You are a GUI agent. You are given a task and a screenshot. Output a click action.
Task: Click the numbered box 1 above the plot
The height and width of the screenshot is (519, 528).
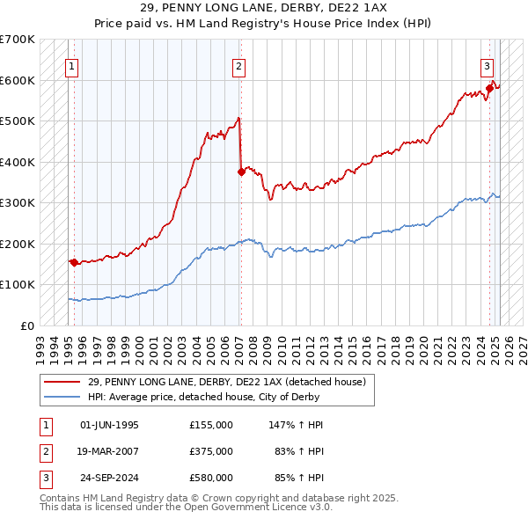[x=70, y=64]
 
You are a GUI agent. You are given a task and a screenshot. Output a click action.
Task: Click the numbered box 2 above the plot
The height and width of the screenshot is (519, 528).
[x=239, y=64]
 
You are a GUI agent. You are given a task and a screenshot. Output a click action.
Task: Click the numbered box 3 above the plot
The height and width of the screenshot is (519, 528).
[x=487, y=64]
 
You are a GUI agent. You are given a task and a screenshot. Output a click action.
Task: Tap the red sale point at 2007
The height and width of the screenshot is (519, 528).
[x=240, y=172]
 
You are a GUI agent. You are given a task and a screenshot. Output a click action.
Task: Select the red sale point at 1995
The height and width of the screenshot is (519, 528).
[x=73, y=262]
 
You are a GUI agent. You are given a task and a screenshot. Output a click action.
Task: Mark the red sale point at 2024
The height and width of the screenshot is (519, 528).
[x=490, y=88]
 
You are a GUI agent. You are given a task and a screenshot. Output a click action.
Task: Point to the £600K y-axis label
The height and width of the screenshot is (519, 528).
[x=18, y=80]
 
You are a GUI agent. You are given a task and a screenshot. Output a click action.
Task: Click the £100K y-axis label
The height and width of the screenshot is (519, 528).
[x=18, y=285]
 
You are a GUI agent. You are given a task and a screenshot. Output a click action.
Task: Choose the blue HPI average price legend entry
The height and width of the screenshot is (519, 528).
[x=220, y=397]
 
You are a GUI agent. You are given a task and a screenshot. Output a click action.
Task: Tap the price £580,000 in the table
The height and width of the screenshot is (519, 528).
[x=210, y=478]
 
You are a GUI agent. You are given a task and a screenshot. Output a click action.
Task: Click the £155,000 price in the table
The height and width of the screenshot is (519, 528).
[x=210, y=425]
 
